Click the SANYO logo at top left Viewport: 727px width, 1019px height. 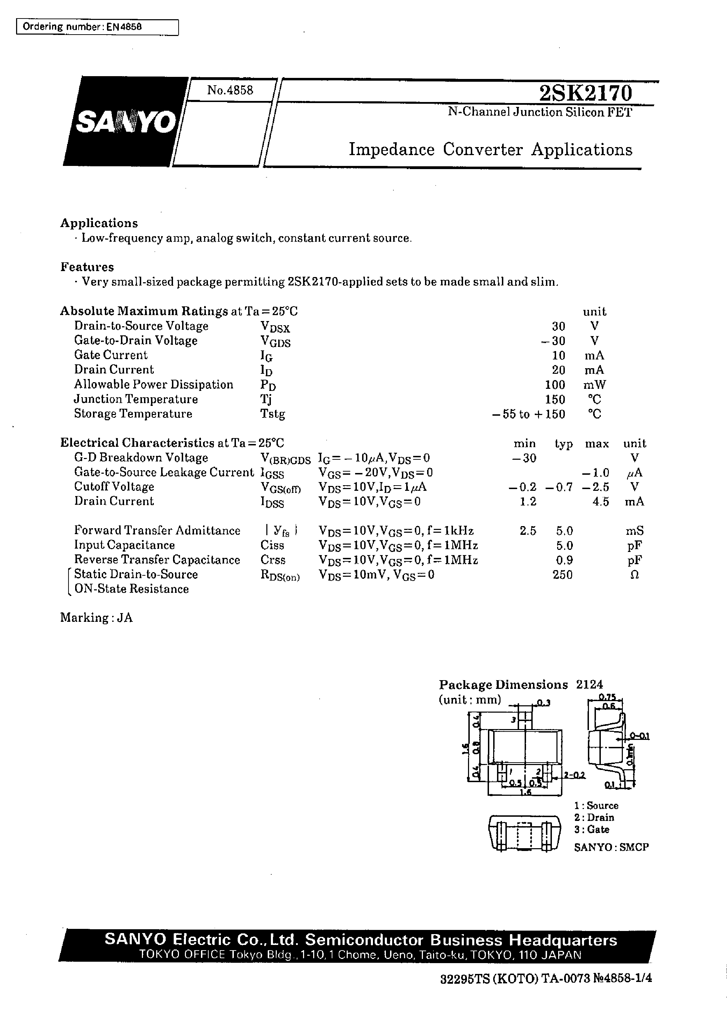(x=126, y=122)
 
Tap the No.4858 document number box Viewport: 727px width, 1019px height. (x=230, y=90)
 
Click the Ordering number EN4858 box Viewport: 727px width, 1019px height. (x=97, y=27)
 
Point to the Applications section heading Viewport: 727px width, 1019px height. (x=99, y=223)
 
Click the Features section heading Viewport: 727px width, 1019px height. (x=87, y=267)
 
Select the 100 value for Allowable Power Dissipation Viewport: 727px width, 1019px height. (x=555, y=385)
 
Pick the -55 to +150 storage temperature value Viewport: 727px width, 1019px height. (x=529, y=414)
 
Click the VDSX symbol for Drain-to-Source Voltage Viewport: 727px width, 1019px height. (x=275, y=327)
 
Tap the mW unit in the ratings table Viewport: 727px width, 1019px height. (x=595, y=385)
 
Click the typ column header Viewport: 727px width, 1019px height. (x=564, y=444)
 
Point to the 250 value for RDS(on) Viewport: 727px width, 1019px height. (x=562, y=575)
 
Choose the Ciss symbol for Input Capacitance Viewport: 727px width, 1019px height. (x=272, y=545)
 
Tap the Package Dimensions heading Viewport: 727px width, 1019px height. (x=503, y=685)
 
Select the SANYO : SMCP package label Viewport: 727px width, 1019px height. (x=611, y=847)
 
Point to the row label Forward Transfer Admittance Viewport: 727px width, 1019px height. (x=157, y=531)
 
